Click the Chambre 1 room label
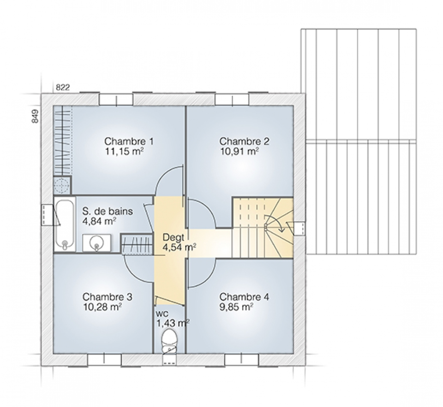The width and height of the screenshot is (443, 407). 129,141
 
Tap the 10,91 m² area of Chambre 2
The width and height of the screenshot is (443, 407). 239,151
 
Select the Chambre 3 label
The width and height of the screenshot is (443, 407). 108,297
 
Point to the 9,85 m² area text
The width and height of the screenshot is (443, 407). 236,307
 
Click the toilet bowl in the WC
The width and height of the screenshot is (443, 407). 169,341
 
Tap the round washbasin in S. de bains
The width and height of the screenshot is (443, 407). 96,242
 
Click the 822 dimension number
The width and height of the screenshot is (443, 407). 62,88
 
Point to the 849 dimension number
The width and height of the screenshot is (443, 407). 35,116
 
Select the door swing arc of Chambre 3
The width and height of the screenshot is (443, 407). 132,271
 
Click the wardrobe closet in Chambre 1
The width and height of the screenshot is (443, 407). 62,141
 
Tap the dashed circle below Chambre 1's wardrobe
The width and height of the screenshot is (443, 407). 61,186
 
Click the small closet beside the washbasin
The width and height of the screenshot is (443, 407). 137,243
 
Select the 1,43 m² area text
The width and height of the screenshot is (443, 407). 172,323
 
